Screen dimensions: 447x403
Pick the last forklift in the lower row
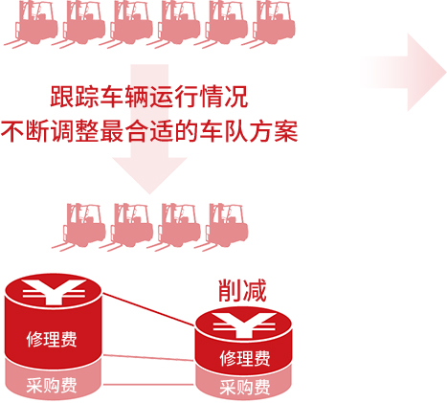(224, 227)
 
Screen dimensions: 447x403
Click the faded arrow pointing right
(404, 73)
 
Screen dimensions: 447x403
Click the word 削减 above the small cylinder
(242, 290)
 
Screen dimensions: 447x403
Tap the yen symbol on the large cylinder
(54, 291)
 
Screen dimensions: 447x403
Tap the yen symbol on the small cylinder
(244, 325)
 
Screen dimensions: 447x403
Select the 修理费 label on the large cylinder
(52, 339)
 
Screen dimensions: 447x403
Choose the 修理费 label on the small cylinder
(245, 358)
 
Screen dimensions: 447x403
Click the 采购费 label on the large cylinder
(52, 386)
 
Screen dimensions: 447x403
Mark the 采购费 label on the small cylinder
(245, 387)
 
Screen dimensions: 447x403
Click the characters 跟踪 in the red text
(75, 97)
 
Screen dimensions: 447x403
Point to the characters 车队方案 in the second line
(249, 131)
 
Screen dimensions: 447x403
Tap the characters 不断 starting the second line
(25, 131)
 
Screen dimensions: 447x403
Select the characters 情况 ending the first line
(224, 97)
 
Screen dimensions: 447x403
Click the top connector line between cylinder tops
(149, 309)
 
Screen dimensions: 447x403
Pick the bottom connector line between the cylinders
(148, 385)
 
